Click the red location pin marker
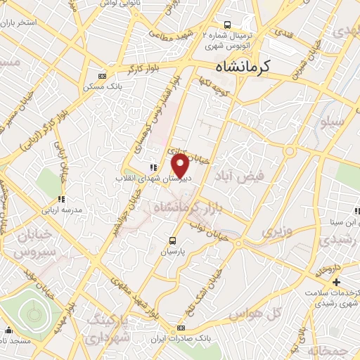[x=180, y=166]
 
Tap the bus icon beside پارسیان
[x=174, y=239]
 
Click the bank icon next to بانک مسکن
[x=103, y=76]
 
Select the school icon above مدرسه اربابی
[x=61, y=199]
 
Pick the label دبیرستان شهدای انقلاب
[x=149, y=179]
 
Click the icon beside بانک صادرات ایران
[x=181, y=328]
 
